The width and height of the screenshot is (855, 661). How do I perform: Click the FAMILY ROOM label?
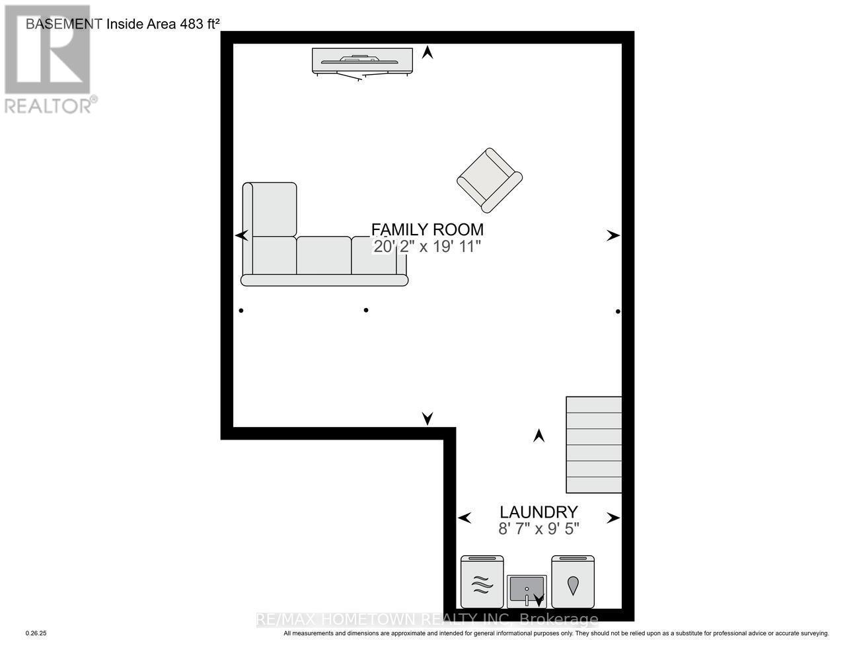pos(427,229)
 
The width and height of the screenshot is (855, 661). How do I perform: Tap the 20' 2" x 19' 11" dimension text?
pos(427,247)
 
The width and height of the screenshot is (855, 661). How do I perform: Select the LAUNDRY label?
pos(539,512)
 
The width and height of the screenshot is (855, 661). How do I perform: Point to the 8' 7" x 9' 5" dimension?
pos(539,529)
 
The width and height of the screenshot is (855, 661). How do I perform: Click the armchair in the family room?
pos(490,180)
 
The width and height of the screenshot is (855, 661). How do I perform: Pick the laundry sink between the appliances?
pos(527,589)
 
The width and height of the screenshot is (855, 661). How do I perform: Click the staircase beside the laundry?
pos(593,444)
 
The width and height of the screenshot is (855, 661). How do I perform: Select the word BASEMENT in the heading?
pos(64,24)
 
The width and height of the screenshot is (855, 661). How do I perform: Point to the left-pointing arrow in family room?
pos(242,235)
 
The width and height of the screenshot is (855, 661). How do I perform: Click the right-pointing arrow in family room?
pos(613,235)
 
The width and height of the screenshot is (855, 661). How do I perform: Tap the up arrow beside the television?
pos(427,52)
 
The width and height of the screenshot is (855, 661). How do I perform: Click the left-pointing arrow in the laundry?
pos(465,518)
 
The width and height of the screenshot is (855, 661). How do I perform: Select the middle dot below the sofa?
pos(366,310)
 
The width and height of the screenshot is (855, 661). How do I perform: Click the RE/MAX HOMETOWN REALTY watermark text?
pos(427,619)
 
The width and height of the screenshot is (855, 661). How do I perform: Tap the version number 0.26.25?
pos(36,633)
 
